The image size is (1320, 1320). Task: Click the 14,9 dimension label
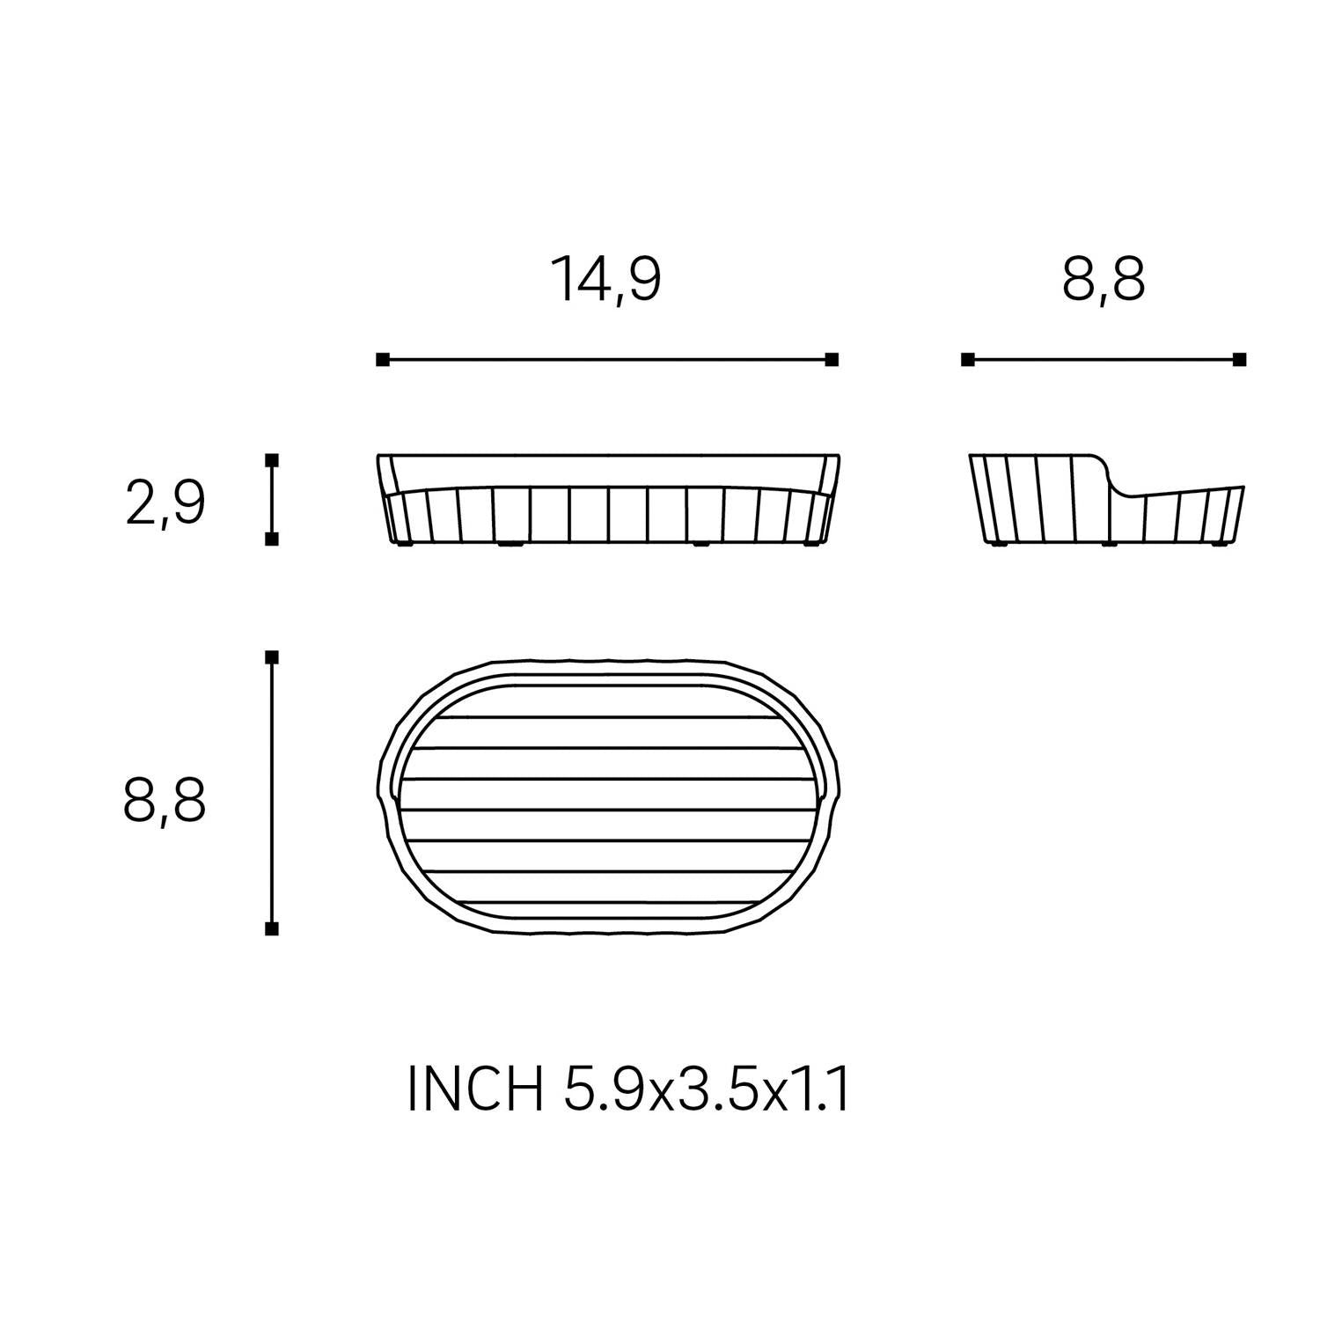point(605,279)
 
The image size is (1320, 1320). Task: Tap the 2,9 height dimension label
point(165,503)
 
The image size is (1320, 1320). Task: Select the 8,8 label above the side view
point(1104,279)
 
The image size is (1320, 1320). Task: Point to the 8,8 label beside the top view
point(165,800)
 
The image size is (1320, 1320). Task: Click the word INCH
point(475,1089)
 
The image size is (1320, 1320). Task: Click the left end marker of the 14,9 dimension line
point(382,359)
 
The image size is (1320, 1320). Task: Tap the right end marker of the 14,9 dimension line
point(832,359)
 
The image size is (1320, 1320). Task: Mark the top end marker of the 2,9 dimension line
point(272,460)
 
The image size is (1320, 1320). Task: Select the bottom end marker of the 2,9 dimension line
point(272,539)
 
